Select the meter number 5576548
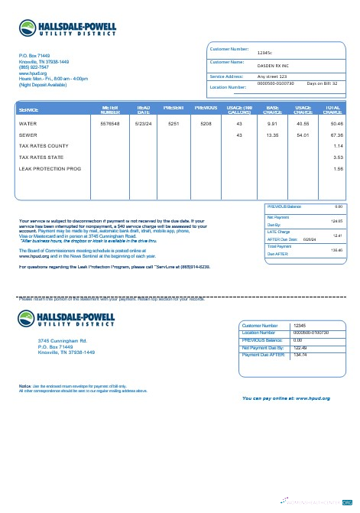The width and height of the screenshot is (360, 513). pyautogui.click(x=110, y=123)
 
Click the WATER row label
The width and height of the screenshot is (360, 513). pyautogui.click(x=28, y=123)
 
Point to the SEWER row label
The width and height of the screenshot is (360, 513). pyautogui.click(x=28, y=135)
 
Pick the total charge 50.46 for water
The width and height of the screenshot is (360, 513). pyautogui.click(x=336, y=123)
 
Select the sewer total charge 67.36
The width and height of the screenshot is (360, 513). pyautogui.click(x=336, y=135)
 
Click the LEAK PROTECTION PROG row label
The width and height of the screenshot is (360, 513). pyautogui.click(x=50, y=168)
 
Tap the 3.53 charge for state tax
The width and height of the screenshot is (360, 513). pyautogui.click(x=339, y=157)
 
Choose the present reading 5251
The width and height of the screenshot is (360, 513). pyautogui.click(x=174, y=123)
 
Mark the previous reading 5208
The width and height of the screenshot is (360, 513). pyautogui.click(x=206, y=123)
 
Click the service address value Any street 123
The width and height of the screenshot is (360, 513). pyautogui.click(x=272, y=77)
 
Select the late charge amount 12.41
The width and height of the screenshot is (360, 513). pyautogui.click(x=338, y=235)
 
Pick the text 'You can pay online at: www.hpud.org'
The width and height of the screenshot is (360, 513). pyautogui.click(x=286, y=398)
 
